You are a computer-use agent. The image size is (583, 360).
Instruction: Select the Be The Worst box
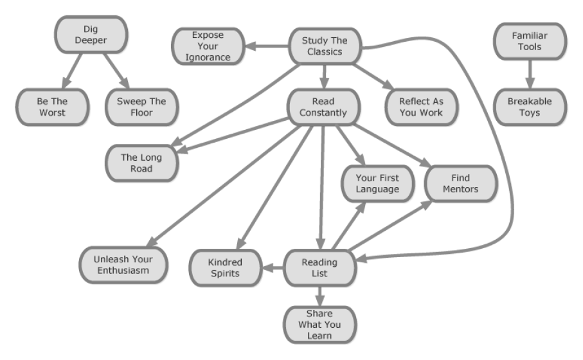(51, 107)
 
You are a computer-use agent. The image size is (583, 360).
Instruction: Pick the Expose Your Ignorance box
(208, 46)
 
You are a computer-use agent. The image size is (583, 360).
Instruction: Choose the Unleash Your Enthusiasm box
(123, 264)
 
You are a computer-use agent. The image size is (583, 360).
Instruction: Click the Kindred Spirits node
(224, 267)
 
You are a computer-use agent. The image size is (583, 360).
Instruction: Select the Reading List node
(319, 267)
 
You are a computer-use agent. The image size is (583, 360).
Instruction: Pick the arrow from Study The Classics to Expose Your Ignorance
(267, 46)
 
